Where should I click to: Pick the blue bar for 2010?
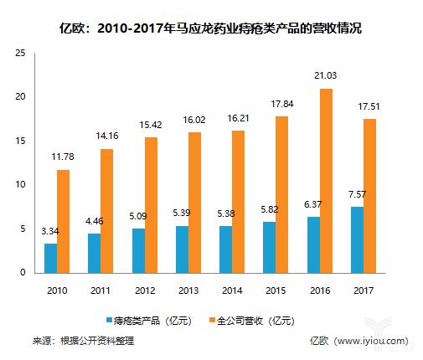point(51,258)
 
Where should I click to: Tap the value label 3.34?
point(49,232)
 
